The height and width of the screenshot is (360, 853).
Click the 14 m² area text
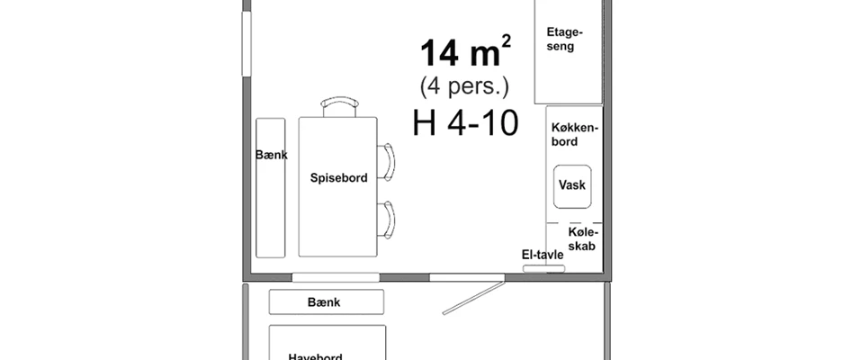click(x=465, y=53)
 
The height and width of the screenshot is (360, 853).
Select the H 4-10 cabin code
click(x=465, y=122)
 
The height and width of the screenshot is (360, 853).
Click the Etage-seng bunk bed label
click(x=564, y=40)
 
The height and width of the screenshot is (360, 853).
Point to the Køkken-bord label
click(x=574, y=134)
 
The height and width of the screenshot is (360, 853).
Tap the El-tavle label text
click(x=543, y=255)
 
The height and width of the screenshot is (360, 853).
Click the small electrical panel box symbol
click(x=544, y=268)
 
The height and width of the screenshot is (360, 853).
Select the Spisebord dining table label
click(x=339, y=178)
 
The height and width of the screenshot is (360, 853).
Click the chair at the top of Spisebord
click(x=339, y=106)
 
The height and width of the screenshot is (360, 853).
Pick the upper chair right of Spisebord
click(x=386, y=162)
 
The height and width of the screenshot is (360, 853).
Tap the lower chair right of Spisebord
click(x=386, y=220)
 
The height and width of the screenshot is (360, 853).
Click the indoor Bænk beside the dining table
click(x=270, y=187)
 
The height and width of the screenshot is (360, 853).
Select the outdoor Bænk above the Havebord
click(x=327, y=301)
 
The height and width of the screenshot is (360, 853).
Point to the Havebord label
click(x=316, y=357)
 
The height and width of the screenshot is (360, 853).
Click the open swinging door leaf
click(x=472, y=298)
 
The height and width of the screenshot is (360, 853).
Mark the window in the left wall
click(x=247, y=43)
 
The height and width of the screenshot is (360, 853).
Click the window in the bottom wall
click(x=336, y=277)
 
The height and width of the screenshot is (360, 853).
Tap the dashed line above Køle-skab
click(x=574, y=223)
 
